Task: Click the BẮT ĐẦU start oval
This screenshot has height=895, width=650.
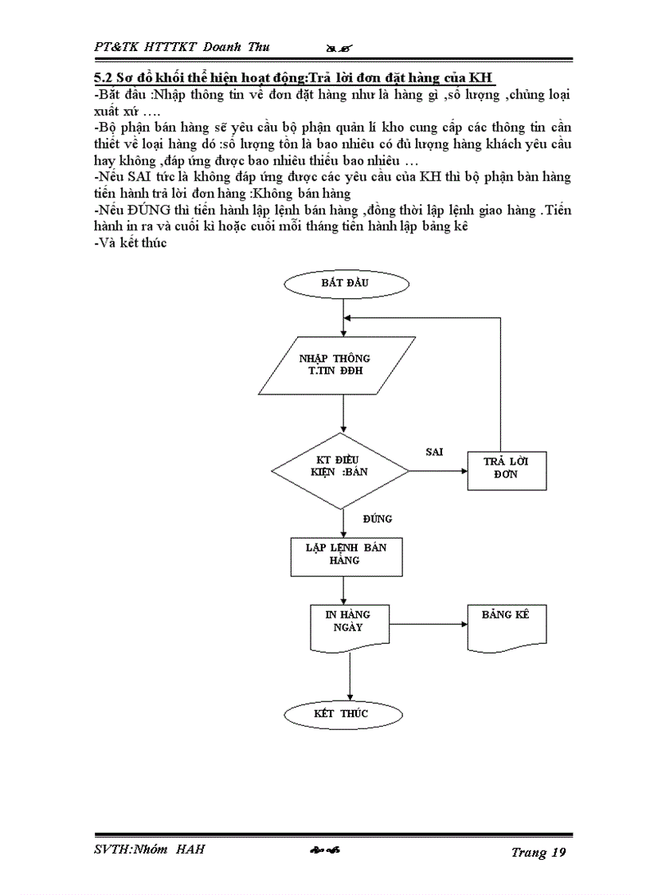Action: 345,283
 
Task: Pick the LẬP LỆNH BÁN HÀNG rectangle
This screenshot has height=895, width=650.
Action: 344,555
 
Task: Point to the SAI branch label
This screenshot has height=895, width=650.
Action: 434,452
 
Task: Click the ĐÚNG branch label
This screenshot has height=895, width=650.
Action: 377,519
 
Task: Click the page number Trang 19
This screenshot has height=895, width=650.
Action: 538,853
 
